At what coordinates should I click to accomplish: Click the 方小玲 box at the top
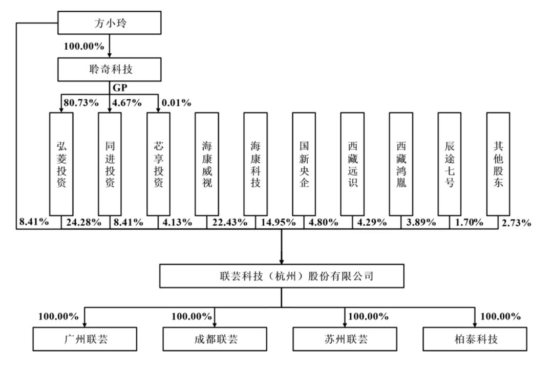(110, 23)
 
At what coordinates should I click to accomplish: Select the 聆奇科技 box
(110, 70)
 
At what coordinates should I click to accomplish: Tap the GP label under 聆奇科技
(119, 88)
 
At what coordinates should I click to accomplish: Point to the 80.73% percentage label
(81, 102)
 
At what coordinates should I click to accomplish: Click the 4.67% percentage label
(126, 102)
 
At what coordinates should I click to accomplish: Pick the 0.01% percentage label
(176, 102)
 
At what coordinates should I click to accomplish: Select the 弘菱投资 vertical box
(61, 164)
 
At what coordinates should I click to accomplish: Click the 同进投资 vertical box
(110, 164)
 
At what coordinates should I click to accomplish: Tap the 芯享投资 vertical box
(158, 164)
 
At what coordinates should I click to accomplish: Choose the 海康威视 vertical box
(207, 164)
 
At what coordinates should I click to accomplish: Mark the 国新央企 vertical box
(304, 164)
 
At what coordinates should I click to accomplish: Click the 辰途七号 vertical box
(450, 164)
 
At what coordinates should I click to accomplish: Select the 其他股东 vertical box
(498, 164)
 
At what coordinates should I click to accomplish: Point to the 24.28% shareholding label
(83, 223)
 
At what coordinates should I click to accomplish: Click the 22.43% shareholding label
(229, 223)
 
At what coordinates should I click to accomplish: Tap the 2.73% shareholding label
(516, 223)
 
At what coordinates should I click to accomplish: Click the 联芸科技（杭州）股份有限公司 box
(282, 276)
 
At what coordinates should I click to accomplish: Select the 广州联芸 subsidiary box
(85, 339)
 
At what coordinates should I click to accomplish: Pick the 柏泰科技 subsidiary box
(475, 339)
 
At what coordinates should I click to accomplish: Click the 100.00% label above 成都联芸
(192, 316)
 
